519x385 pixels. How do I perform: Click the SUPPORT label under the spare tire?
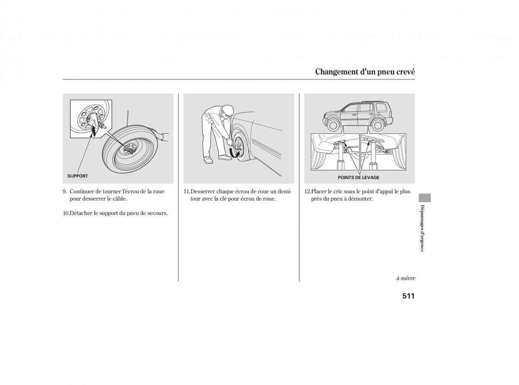pos(77,176)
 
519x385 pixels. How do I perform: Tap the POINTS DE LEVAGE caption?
pos(359,177)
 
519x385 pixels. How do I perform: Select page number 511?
pos(408,296)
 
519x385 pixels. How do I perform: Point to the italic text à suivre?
pos(406,278)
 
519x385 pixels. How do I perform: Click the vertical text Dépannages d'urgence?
pos(422,228)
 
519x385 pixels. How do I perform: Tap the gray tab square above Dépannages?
pos(424,198)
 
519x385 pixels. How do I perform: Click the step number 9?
pos(64,192)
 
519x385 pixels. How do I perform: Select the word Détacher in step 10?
pos(80,213)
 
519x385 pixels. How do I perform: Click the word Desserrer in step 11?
pos(203,192)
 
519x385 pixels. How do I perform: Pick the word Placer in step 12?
pos(319,192)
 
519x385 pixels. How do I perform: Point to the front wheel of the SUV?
pos(333,125)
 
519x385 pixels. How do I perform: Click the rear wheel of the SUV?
pos(377,125)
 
